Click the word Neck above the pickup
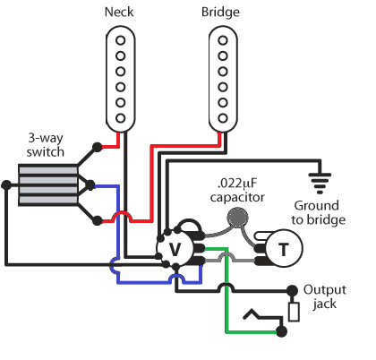119,12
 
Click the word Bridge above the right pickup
220,13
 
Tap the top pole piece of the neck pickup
121,40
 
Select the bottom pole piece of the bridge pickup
223,118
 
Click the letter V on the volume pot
175,249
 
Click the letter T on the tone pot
284,249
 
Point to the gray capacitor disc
237,217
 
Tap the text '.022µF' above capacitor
237,183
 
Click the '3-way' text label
46,138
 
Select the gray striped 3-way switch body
48,185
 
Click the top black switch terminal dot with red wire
97,148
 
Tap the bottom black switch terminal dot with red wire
97,220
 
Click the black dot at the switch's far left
6,185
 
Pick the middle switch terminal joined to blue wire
90,185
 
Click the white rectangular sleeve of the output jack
294,313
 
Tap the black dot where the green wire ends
281,331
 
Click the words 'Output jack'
325,296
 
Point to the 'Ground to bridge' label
318,212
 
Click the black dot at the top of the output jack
292,290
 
